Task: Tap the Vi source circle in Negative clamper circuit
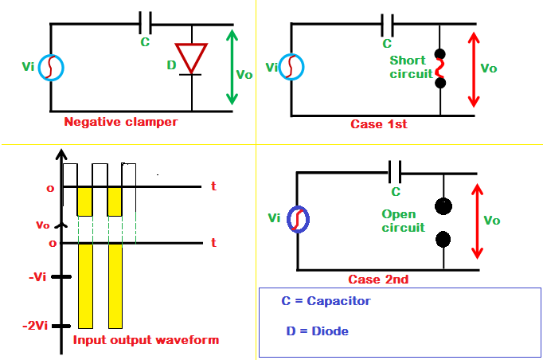(x=51, y=68)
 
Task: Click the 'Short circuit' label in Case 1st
(x=409, y=67)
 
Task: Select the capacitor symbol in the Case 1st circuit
(x=389, y=22)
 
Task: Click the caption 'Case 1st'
(x=378, y=124)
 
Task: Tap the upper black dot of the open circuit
(x=442, y=207)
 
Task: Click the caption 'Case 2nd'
(x=378, y=280)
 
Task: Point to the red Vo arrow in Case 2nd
(x=478, y=221)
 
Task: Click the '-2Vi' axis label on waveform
(x=37, y=326)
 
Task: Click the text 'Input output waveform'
(x=146, y=340)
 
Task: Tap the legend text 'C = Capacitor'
(x=326, y=301)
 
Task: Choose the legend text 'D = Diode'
(x=316, y=331)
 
